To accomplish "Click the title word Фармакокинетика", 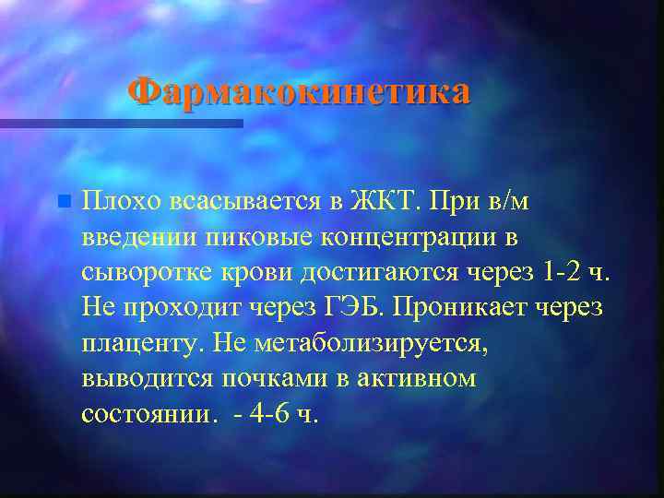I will (x=299, y=91).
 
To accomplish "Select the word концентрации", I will (x=402, y=237).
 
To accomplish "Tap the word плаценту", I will (x=143, y=343).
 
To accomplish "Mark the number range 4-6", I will (x=267, y=414).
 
